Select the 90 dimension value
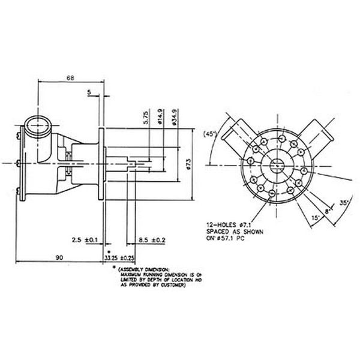point(59,257)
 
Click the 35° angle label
point(344,202)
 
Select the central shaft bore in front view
point(278,163)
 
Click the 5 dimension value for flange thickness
point(89,92)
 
